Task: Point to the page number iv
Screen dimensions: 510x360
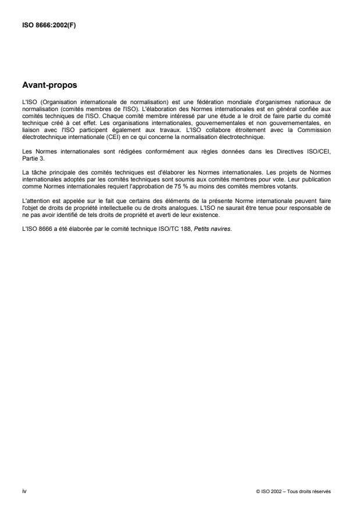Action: [x=24, y=491]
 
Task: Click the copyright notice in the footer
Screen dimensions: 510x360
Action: [x=293, y=491]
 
